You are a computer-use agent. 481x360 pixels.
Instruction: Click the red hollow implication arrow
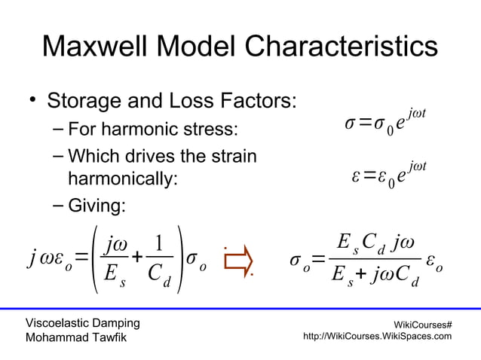pyautogui.click(x=238, y=261)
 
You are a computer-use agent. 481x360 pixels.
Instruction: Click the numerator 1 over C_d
pyautogui.click(x=159, y=246)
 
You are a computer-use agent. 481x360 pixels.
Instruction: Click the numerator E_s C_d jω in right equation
pyautogui.click(x=374, y=246)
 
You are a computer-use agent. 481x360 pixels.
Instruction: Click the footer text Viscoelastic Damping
pyautogui.click(x=82, y=323)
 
